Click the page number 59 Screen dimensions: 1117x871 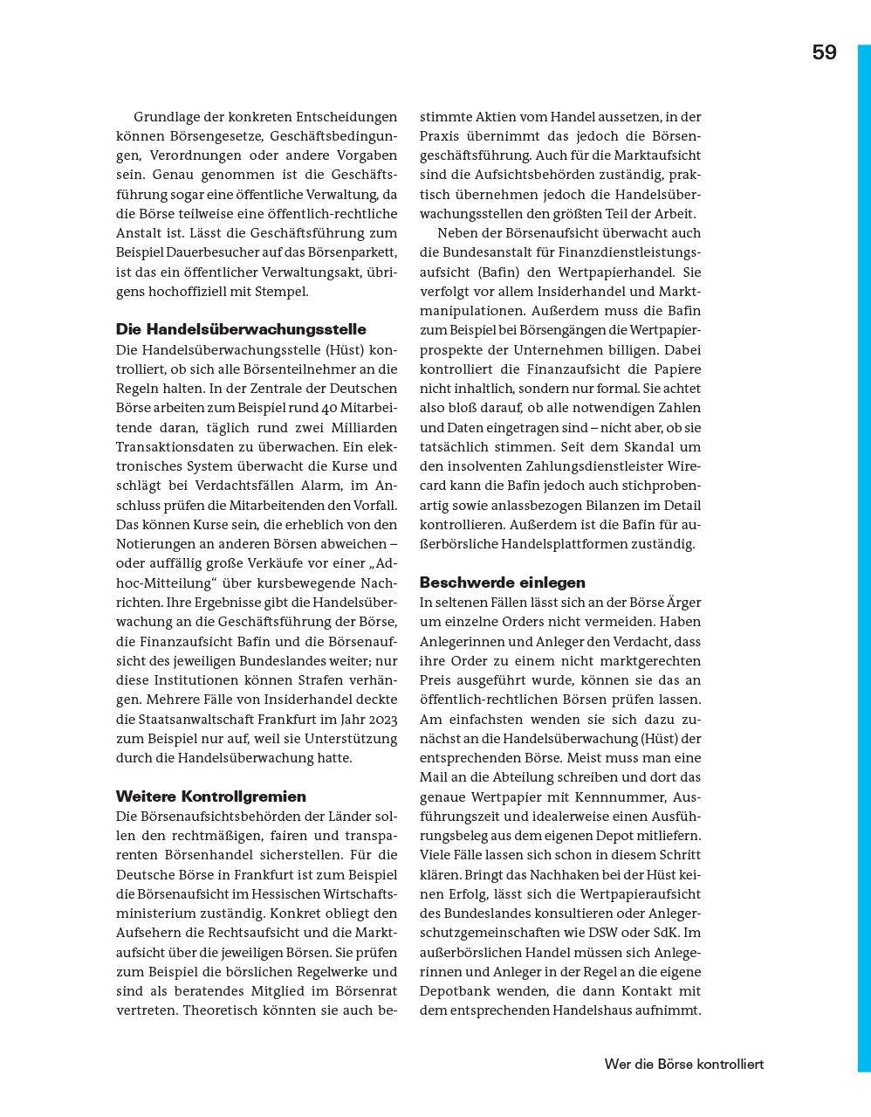tap(824, 52)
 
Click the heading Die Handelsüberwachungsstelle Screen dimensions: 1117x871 tap(241, 329)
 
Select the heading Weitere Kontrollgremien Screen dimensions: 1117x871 tap(211, 796)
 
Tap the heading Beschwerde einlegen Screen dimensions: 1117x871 tap(502, 582)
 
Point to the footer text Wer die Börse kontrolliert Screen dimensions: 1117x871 tap(683, 1064)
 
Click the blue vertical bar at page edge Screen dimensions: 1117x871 tap(863, 559)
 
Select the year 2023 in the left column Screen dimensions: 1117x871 tap(381, 719)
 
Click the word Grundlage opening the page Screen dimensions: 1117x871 tap(167, 116)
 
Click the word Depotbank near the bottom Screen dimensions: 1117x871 tap(457, 991)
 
